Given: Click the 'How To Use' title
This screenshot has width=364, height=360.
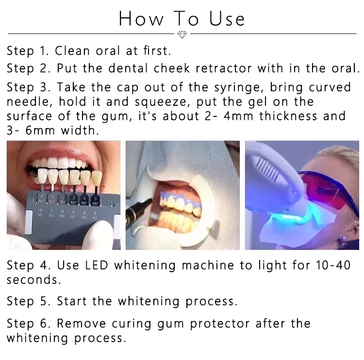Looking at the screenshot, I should (x=182, y=19).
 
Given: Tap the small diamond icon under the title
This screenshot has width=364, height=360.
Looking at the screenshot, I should (x=182, y=35).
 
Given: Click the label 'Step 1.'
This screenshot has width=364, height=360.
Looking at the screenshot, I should (x=29, y=51).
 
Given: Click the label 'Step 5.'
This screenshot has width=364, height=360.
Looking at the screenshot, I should (x=29, y=301).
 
